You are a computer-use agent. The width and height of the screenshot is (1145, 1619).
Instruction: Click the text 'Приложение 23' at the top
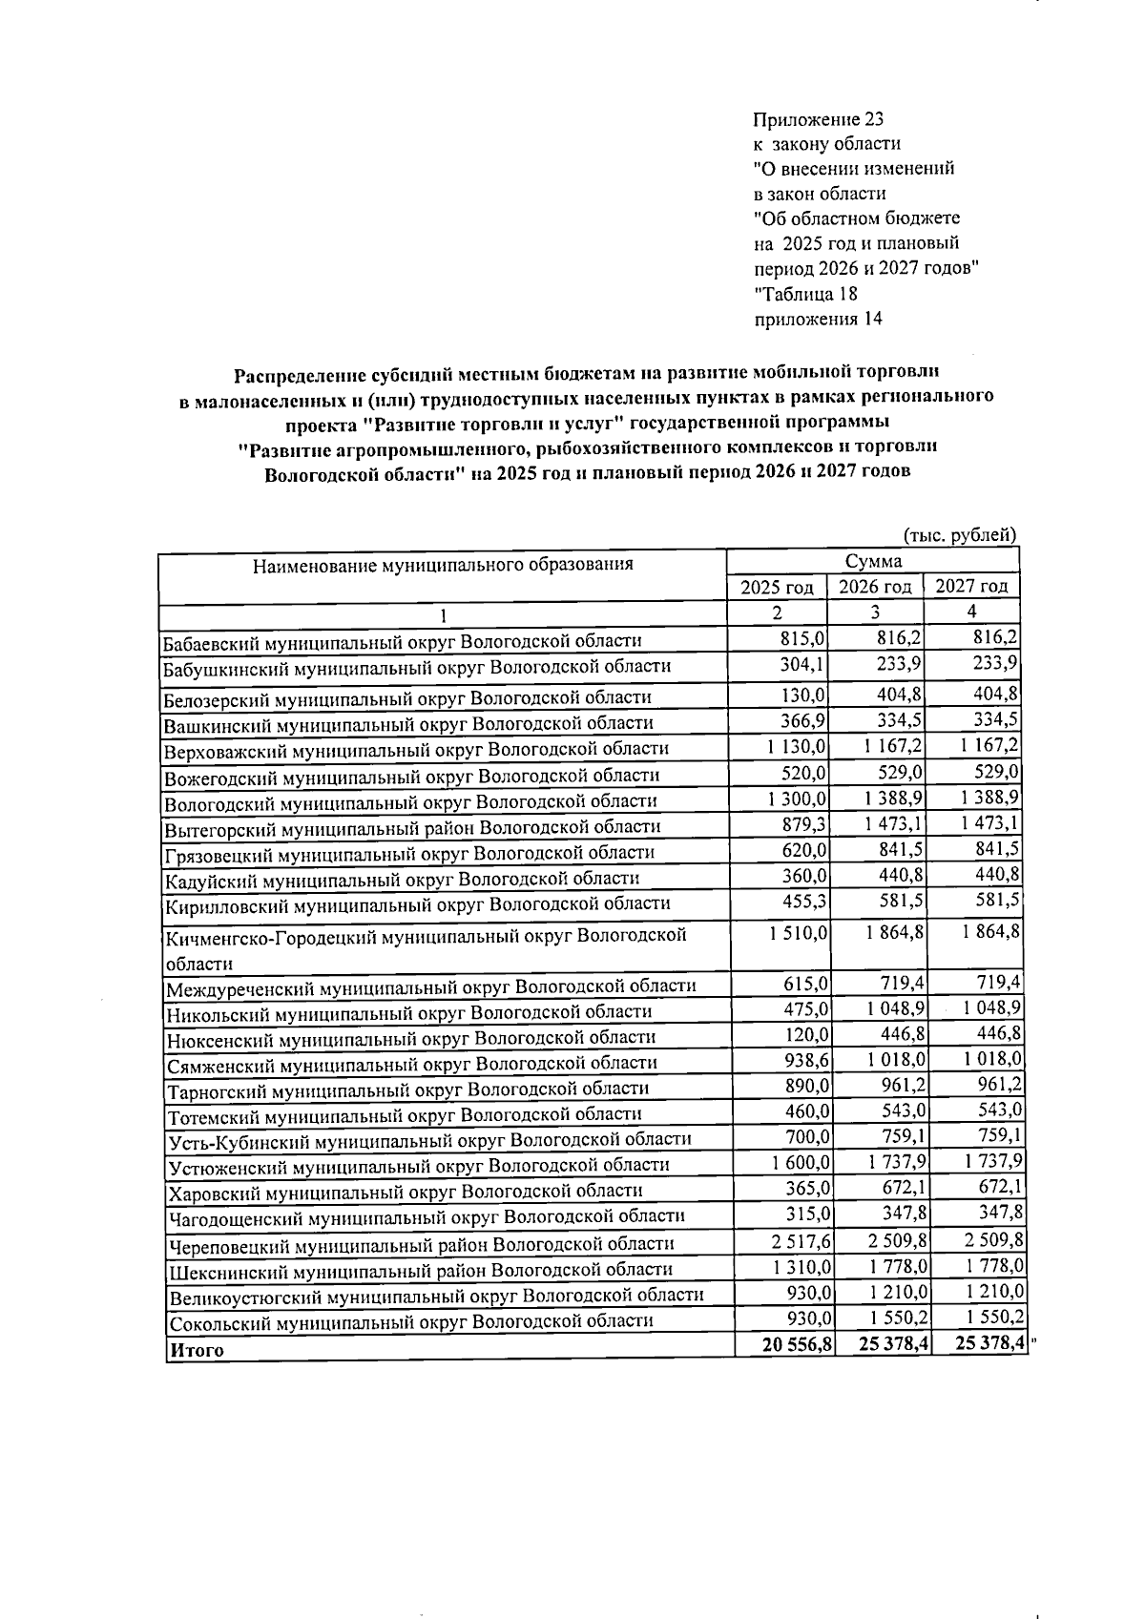[818, 120]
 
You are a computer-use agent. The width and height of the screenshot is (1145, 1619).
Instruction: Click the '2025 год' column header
[777, 587]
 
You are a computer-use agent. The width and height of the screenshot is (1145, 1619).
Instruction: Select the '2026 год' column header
[875, 587]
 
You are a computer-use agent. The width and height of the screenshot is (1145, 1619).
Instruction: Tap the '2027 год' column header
[971, 587]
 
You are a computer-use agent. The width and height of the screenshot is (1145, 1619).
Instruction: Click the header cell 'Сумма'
[873, 561]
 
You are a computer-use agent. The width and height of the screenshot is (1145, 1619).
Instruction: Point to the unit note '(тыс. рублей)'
[960, 536]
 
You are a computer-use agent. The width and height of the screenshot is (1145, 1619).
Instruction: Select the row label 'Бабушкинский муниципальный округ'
[416, 666]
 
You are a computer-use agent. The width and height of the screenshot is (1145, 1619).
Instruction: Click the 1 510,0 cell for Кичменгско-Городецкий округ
[798, 932]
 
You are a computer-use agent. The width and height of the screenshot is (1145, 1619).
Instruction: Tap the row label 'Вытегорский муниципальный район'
[412, 826]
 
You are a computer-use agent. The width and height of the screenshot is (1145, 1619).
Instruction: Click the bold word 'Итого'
[197, 1350]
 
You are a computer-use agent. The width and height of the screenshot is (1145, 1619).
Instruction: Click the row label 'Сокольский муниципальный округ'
[410, 1321]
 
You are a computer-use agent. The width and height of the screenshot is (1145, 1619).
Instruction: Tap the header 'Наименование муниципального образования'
[443, 565]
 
